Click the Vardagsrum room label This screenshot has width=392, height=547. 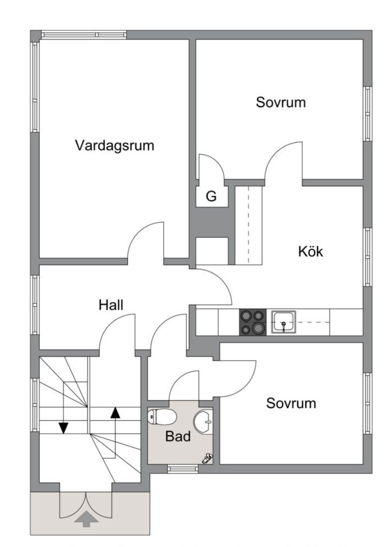114,145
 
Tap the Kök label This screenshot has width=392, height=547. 311,251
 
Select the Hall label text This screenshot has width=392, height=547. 111,304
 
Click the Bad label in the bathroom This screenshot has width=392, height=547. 178,436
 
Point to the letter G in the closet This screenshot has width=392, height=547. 211,196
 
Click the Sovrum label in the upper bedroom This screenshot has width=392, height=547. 281,102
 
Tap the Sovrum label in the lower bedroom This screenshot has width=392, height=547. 291,403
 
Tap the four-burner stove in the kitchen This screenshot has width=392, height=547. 253,322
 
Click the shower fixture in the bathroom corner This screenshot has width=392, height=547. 207,458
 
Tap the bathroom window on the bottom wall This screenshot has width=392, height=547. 183,469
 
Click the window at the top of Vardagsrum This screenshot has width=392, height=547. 84,35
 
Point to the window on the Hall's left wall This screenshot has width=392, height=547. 35,305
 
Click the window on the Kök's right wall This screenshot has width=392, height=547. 368,257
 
